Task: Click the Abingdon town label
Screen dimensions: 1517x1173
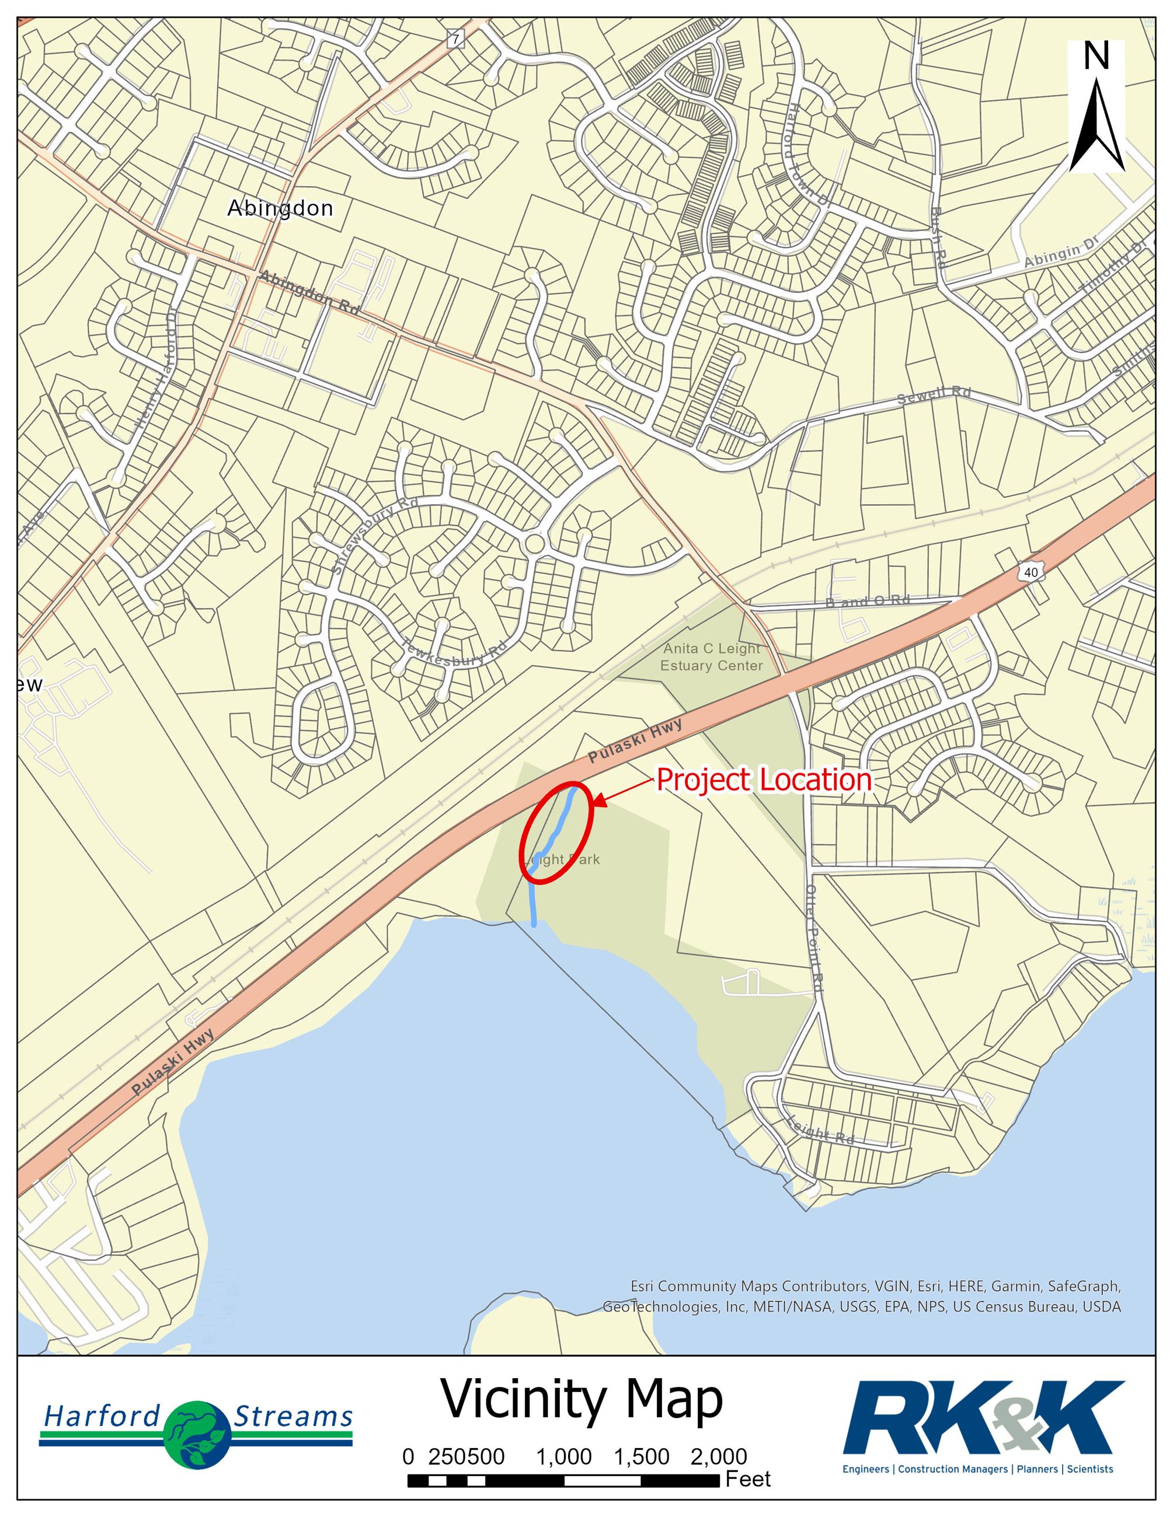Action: (280, 208)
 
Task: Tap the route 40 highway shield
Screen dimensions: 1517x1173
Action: (1031, 572)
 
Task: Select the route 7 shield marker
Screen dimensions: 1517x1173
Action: (455, 40)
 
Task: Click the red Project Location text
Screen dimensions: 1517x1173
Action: (764, 780)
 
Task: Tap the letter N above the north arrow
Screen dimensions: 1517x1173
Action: (1097, 56)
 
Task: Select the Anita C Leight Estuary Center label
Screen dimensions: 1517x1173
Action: (712, 657)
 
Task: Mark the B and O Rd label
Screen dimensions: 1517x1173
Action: (867, 600)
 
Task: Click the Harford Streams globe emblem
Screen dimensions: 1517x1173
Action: (197, 1434)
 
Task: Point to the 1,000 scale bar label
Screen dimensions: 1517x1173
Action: (563, 1456)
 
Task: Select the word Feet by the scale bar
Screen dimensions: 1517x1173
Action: (748, 1480)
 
